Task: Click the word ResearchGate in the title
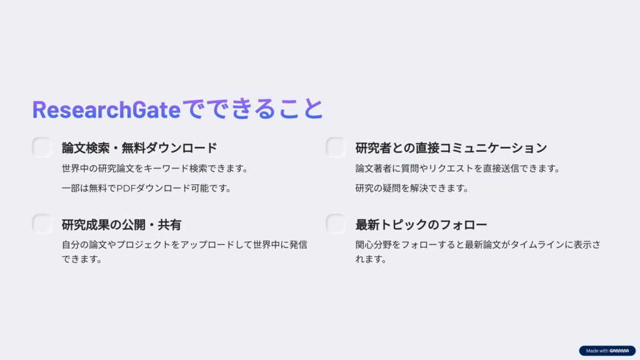pos(106,109)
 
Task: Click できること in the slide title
pos(252,109)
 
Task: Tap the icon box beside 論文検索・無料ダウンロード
pos(42,147)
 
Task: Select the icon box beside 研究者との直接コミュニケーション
pos(336,147)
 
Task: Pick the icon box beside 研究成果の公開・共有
pos(42,224)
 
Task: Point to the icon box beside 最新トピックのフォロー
pos(336,224)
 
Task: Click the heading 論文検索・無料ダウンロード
pos(139,147)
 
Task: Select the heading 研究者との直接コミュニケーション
pos(451,147)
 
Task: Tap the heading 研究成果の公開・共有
pos(121,224)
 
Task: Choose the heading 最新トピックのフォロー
pos(421,224)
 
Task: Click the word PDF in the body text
pos(126,188)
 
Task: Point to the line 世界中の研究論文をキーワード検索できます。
pos(155,168)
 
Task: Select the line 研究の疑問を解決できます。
pos(412,188)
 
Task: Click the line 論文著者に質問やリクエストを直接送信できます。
pos(457,168)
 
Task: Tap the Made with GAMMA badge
pos(607,351)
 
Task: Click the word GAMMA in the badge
pos(619,351)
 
